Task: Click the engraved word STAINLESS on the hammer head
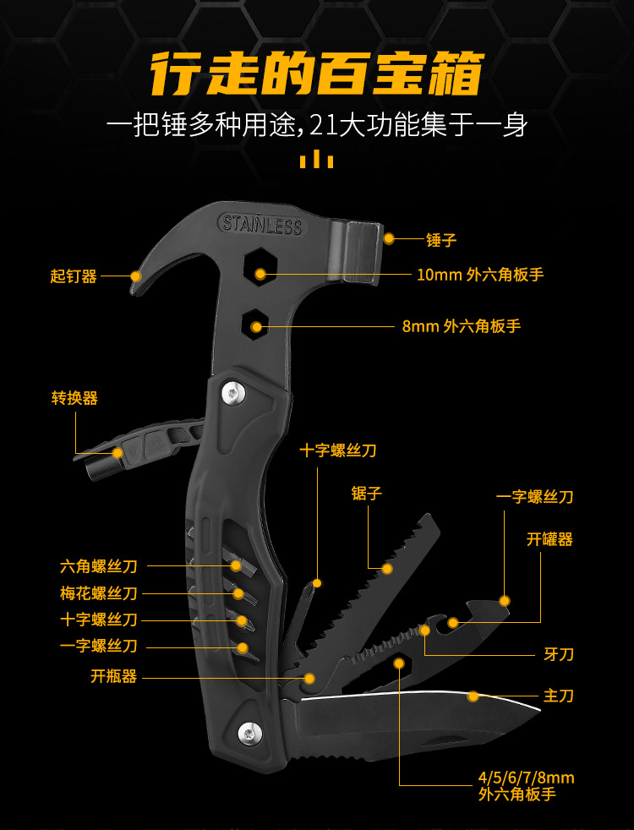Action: point(260,225)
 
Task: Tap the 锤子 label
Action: point(441,240)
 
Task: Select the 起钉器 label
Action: point(74,276)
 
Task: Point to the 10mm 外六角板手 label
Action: point(479,275)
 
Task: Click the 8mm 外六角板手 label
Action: point(461,326)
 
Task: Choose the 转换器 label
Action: point(74,398)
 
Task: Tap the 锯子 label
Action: point(366,494)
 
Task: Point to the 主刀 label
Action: point(558,696)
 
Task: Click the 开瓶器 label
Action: point(114,676)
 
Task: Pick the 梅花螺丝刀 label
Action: point(99,593)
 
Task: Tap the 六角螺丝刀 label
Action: point(99,566)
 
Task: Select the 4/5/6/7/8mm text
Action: point(525,778)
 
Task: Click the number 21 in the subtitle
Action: point(325,125)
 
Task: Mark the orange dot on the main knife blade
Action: point(473,696)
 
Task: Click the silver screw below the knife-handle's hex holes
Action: point(248,732)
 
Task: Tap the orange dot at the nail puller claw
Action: point(135,276)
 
